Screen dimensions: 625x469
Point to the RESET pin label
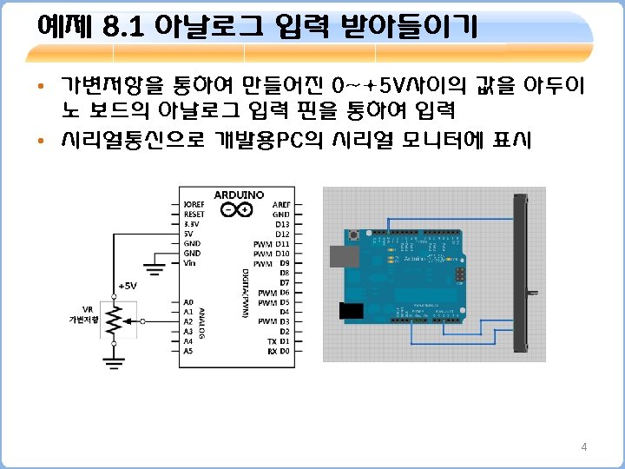coord(194,214)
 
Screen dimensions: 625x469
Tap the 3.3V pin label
coord(191,223)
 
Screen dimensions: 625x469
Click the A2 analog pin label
coord(187,321)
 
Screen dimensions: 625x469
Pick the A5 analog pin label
coord(187,351)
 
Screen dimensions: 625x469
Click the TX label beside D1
coord(270,341)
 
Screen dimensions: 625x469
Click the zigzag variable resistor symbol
coord(112,320)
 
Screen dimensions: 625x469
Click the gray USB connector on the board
coord(346,255)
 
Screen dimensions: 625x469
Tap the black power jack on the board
coord(351,312)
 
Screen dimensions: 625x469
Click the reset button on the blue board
coord(356,235)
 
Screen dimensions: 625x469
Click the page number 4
coord(583,447)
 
